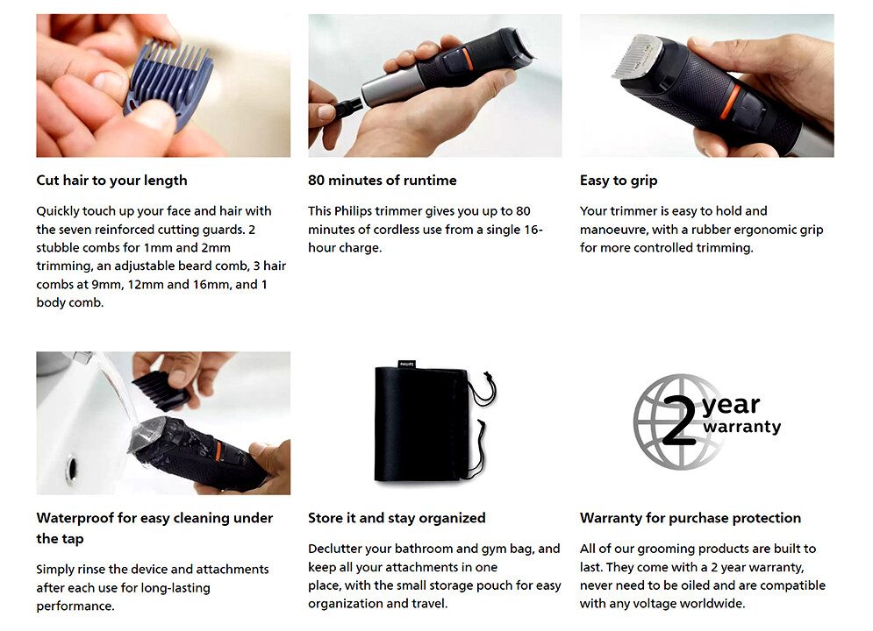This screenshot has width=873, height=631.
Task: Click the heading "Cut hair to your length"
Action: (x=112, y=181)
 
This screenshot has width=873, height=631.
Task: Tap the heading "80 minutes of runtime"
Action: (x=382, y=181)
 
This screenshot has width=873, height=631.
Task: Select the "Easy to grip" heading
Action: (x=619, y=181)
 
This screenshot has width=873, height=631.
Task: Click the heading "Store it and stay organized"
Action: (x=397, y=518)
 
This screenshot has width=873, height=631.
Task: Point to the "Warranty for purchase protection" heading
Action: (x=691, y=518)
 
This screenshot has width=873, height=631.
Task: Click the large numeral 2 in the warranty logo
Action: (x=680, y=419)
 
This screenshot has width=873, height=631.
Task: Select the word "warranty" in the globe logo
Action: (x=741, y=427)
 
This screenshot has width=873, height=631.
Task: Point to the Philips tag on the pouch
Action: (x=407, y=365)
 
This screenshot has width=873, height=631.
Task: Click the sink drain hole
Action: (x=72, y=469)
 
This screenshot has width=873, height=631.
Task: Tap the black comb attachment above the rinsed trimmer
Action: (x=161, y=390)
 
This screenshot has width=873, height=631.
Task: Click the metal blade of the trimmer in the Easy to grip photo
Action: (x=638, y=56)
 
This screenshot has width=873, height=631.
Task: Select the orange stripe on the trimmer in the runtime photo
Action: (x=467, y=59)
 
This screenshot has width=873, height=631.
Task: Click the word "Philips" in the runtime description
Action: (x=353, y=211)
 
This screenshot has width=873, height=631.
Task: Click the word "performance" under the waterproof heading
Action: (x=75, y=606)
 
